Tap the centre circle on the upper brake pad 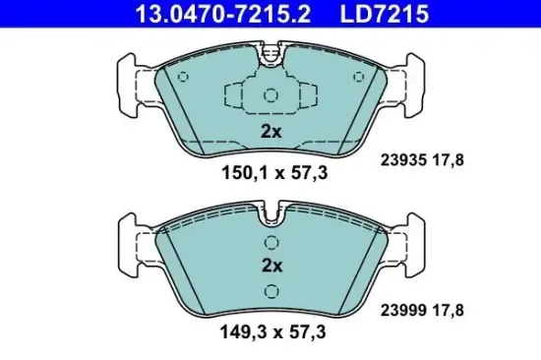pos(271,95)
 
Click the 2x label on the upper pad pos(271,131)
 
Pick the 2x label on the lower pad pos(271,266)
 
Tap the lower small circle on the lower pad pos(271,289)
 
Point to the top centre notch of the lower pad pos(271,210)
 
